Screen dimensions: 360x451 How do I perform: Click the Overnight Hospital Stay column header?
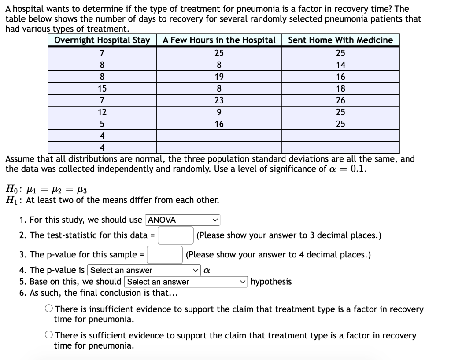click(102, 40)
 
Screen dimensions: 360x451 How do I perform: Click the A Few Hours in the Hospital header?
click(219, 40)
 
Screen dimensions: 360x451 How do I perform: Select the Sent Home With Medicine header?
click(340, 40)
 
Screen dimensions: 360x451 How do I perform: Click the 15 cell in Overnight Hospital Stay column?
click(102, 88)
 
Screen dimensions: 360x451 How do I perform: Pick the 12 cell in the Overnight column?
click(102, 112)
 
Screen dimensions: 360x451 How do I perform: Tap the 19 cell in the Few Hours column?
click(219, 77)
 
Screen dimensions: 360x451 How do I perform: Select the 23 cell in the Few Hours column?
click(219, 100)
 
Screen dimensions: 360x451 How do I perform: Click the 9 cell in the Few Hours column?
click(219, 112)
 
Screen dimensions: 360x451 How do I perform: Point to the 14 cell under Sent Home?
click(340, 65)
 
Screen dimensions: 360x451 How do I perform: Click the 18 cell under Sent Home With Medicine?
click(340, 88)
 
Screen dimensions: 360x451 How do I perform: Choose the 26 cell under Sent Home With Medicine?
click(340, 100)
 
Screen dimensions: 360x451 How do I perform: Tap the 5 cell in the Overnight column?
click(102, 124)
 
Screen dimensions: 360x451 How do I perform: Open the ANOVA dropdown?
click(183, 220)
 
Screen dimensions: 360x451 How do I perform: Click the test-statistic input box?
click(176, 235)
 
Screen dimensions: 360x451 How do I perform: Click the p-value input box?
click(165, 255)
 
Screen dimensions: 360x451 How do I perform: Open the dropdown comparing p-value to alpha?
click(144, 270)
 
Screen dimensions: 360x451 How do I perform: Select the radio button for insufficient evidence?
click(49, 309)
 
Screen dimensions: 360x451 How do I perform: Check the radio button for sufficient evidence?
click(49, 336)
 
